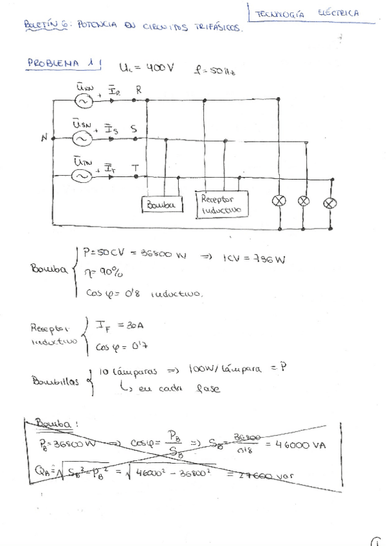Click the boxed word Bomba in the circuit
point(161,205)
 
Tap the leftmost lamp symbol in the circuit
point(279,201)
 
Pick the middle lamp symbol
point(305,201)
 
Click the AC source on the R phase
point(83,100)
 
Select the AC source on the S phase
point(82,138)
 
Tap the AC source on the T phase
point(82,176)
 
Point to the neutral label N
point(44,136)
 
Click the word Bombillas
point(54,381)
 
